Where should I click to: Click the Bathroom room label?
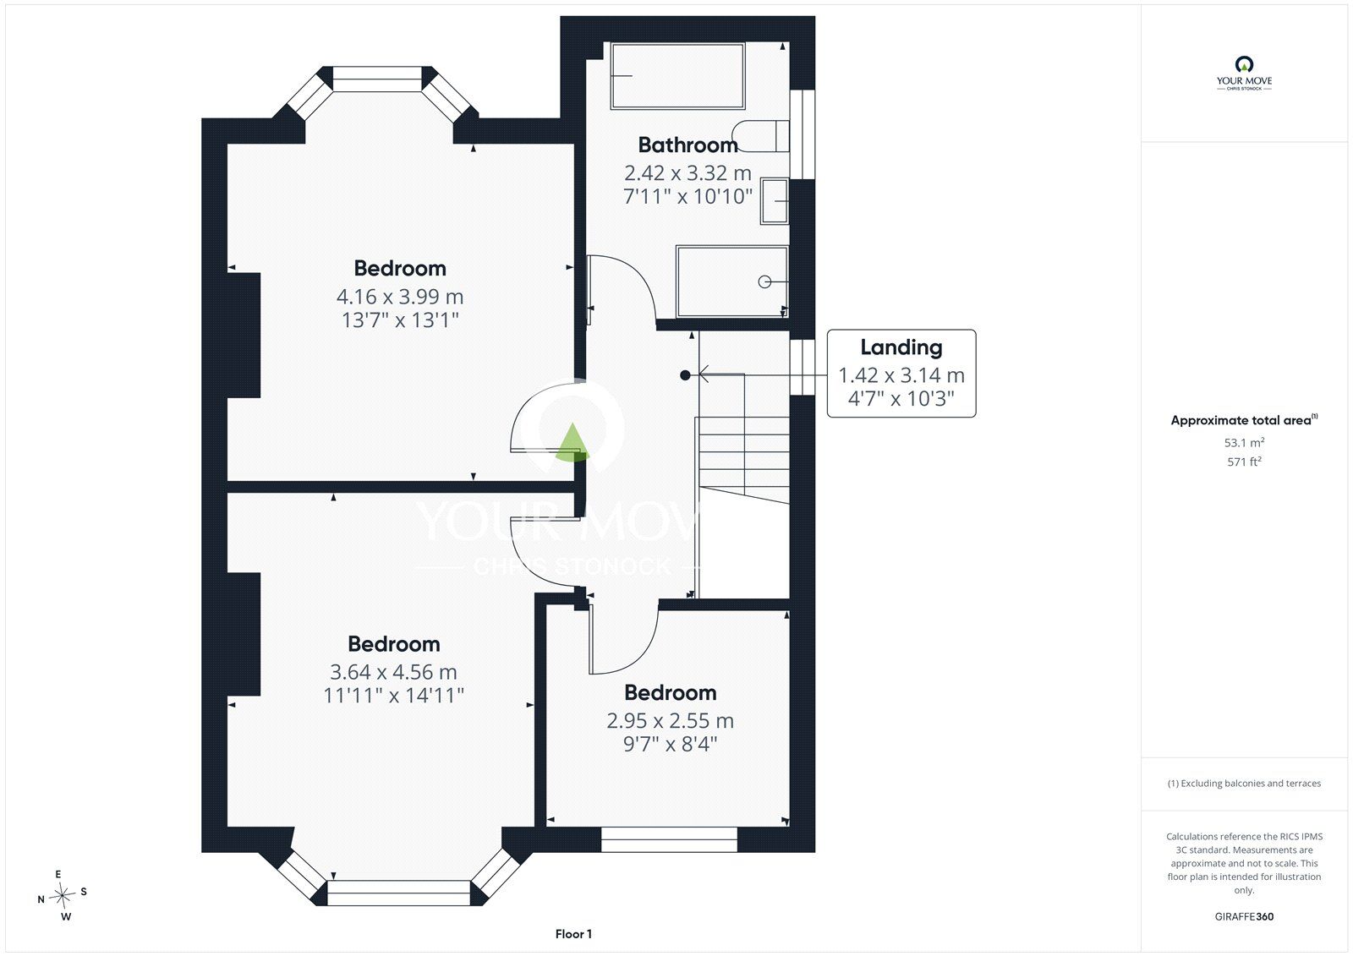(688, 145)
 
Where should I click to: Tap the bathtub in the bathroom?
(677, 75)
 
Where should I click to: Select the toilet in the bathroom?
(760, 136)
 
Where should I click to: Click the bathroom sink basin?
(775, 201)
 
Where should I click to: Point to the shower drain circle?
(764, 281)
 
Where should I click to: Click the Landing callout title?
(901, 347)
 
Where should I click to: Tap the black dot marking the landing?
(685, 375)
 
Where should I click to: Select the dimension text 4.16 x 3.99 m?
(400, 297)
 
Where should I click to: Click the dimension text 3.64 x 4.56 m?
(393, 672)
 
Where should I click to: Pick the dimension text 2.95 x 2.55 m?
(671, 720)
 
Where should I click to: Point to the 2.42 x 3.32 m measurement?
(688, 173)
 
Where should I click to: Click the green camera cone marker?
(572, 443)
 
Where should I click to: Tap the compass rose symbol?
(62, 895)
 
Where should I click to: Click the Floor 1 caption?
(573, 934)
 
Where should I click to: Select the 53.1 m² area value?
(1244, 442)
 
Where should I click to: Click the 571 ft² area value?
(1244, 462)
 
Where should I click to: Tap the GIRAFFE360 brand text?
(1244, 916)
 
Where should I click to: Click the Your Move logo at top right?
(1244, 74)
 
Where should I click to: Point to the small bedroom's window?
(669, 839)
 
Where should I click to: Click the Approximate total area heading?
(1244, 420)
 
